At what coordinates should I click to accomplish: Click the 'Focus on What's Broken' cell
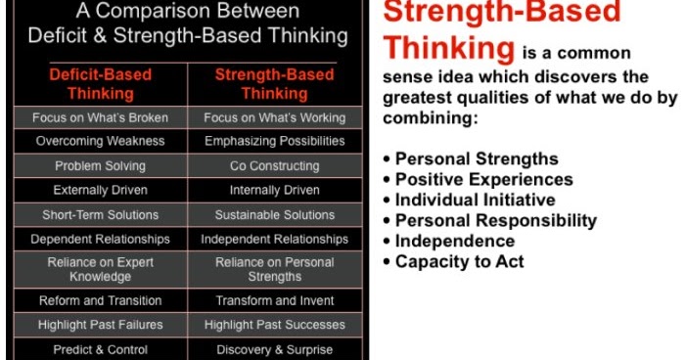click(100, 117)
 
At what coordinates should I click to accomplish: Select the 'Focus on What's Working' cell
click(275, 117)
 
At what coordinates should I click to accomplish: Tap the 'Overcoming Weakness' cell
click(100, 141)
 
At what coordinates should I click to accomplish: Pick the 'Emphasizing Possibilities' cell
click(275, 141)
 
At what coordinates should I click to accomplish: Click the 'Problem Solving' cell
click(100, 166)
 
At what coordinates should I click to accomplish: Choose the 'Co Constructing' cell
click(275, 166)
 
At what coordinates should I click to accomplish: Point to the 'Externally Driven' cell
click(100, 190)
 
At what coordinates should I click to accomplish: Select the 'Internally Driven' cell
click(275, 190)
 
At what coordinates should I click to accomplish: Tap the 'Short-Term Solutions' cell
click(100, 214)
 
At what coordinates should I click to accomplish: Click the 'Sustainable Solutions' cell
click(275, 214)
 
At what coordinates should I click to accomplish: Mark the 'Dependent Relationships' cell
click(100, 239)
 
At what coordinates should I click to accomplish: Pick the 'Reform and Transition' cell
click(100, 300)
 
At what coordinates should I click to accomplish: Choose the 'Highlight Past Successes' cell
click(275, 325)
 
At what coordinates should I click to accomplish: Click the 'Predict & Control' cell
click(100, 349)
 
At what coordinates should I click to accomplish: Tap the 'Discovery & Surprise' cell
click(275, 349)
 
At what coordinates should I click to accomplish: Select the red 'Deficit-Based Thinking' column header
click(100, 85)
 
